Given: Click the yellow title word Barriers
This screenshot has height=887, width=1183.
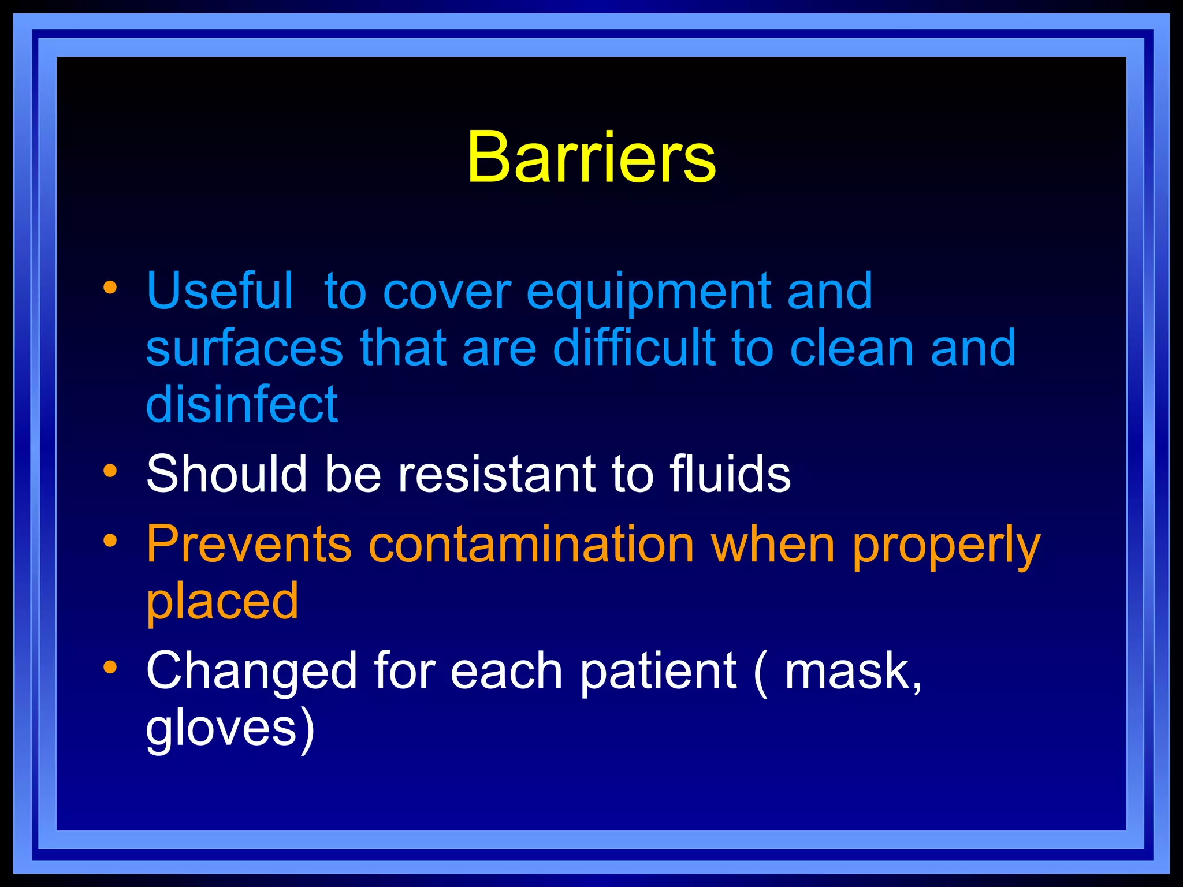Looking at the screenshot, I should pos(591,157).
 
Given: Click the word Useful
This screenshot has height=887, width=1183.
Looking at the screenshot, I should pos(220,291).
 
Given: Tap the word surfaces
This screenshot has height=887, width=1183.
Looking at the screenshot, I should pos(244,348).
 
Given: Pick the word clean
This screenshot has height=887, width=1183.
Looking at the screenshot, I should pos(851,348).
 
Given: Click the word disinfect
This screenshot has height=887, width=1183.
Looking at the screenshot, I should pos(242,404).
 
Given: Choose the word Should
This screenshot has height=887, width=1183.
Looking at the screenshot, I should pos(226,474).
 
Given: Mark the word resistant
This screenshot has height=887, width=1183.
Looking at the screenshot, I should pos(496,474).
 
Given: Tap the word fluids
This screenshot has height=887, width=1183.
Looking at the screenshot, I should pos(730,474).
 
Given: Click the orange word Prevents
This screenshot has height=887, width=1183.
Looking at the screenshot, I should pos(249,544).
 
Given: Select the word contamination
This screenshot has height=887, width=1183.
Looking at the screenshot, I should pos(531,544).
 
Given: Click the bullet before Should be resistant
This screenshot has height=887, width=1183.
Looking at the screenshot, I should pos(110,471).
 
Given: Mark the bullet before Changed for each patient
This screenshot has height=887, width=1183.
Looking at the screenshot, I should pos(110,668).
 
